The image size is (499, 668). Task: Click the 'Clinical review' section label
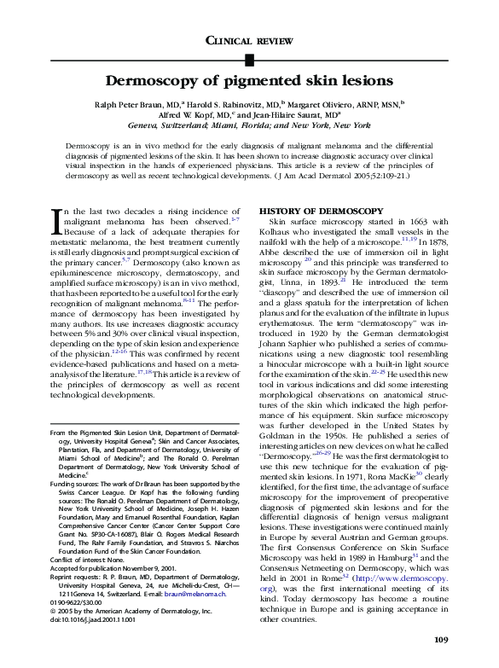point(249,41)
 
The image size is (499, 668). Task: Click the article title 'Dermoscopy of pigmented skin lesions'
point(249,81)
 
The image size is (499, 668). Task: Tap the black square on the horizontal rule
point(249,59)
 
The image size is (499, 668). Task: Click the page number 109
point(441,639)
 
